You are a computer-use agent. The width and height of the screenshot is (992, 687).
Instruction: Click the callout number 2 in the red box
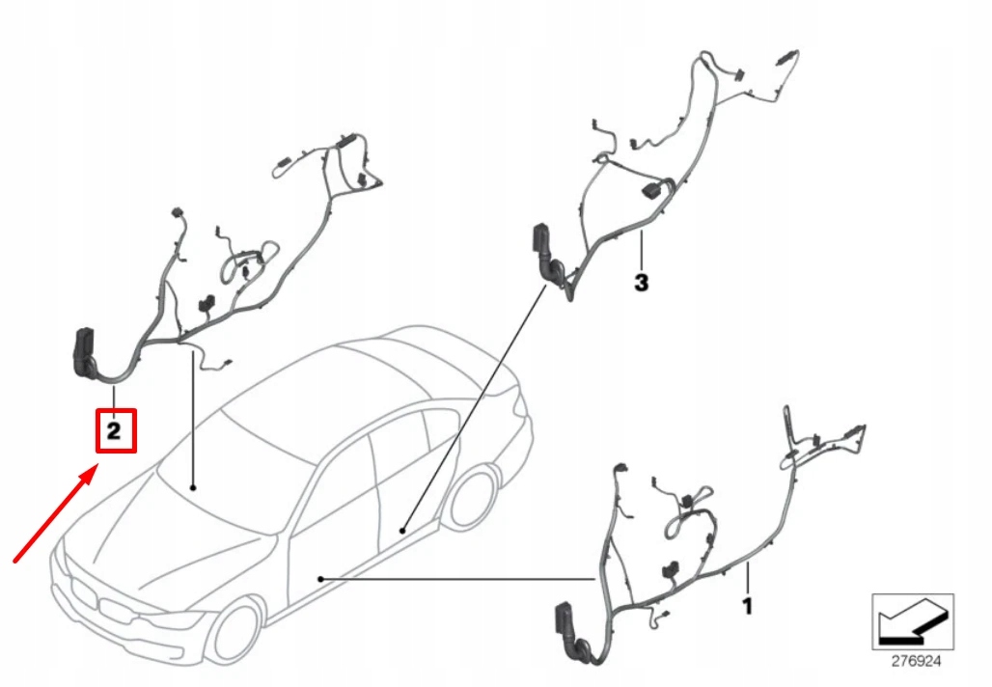(114, 431)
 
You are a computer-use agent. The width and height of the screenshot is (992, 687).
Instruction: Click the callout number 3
(642, 283)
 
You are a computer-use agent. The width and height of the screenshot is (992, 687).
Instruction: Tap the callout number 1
(748, 607)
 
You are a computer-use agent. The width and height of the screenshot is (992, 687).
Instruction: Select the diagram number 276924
(916, 662)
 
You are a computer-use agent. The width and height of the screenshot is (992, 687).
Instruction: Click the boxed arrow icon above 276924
(913, 621)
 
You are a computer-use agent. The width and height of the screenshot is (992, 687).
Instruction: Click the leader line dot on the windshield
(193, 487)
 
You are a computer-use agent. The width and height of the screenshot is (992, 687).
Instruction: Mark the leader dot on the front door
(320, 579)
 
